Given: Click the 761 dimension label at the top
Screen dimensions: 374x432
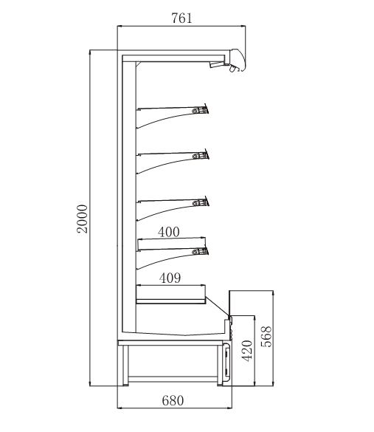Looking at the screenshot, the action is click(181, 18).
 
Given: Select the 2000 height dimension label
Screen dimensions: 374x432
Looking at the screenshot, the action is click(82, 219).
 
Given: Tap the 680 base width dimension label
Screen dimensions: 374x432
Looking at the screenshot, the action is click(173, 400).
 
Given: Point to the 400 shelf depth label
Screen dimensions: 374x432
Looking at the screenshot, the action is click(169, 232).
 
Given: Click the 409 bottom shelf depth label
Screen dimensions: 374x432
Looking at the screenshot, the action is click(170, 278).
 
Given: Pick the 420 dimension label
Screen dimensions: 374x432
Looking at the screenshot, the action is click(247, 351).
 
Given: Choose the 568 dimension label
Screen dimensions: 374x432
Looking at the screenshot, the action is click(266, 337).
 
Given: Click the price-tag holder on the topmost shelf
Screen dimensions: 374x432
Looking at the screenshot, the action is click(200, 110).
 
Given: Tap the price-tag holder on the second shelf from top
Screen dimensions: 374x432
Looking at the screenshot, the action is click(201, 155).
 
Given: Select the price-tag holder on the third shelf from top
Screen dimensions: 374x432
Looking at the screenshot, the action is click(201, 202).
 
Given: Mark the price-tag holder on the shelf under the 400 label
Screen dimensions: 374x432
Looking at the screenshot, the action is click(200, 251).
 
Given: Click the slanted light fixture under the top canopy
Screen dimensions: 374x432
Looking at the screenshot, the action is click(216, 65).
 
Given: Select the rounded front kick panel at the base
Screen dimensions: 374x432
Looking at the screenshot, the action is click(226, 363).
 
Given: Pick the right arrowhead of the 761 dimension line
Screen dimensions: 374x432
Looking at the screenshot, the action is click(243, 27).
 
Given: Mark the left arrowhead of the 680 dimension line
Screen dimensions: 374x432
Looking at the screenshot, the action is click(120, 407).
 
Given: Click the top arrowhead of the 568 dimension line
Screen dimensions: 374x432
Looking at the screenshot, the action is click(273, 293).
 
